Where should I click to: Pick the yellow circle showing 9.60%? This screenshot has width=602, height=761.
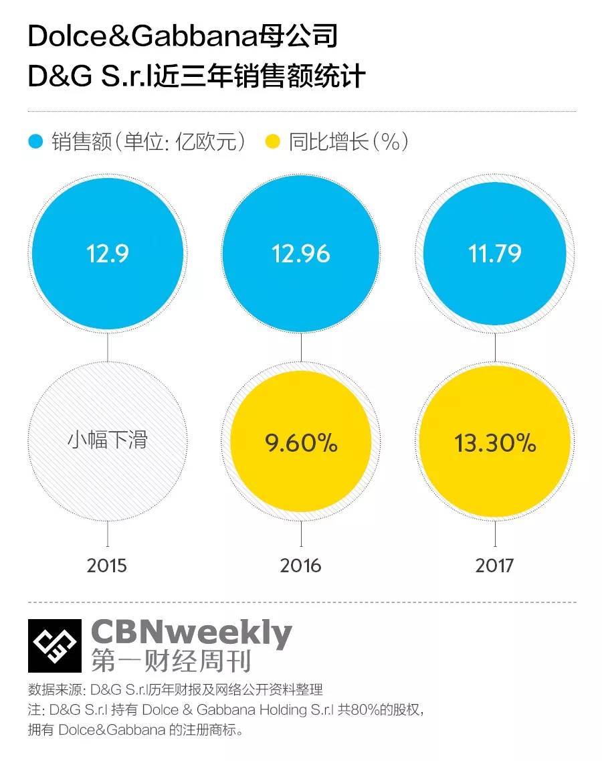[x=300, y=443]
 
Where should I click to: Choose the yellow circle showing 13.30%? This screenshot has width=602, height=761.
[x=495, y=443]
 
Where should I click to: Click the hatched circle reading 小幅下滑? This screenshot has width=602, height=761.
[x=107, y=440]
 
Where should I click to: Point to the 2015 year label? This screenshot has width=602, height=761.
[x=107, y=566]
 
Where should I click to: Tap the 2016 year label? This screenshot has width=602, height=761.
[x=300, y=566]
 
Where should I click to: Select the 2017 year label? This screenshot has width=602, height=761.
[x=494, y=566]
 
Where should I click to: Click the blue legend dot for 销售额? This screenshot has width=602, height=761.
[x=36, y=142]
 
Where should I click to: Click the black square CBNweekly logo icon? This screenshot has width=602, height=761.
[x=54, y=646]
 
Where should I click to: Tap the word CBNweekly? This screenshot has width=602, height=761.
[x=191, y=632]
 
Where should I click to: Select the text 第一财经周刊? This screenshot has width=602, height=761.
[x=171, y=661]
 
